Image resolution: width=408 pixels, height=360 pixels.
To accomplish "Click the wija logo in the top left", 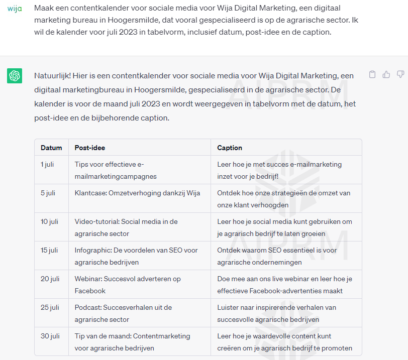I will pos(15,9).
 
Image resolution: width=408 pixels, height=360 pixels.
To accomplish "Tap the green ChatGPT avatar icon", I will pos(15,76).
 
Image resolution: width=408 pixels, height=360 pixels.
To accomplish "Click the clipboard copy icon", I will pos(372,75).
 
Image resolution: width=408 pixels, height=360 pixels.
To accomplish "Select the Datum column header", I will pos(51,148).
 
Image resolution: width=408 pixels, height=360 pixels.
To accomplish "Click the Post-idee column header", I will pos(90,148).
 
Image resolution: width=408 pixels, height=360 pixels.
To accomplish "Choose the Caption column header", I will pos(230,148).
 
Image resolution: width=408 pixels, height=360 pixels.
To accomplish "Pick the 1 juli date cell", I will pos(47,164).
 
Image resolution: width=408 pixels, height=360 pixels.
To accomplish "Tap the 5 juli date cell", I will pos(48,193).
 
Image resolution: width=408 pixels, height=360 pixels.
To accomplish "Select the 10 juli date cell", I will pos(49,221).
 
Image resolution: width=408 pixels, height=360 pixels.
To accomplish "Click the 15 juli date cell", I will pos(49,250).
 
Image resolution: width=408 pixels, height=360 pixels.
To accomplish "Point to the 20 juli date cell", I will pos(50,279).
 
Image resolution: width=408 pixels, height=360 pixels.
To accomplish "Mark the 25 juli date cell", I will pos(50,307).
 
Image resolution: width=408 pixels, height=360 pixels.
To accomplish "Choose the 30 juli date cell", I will pos(50,336).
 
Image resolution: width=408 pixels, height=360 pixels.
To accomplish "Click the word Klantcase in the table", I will pos(91,193).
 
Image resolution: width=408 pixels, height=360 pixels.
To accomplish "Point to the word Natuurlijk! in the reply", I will pos(52,76).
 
